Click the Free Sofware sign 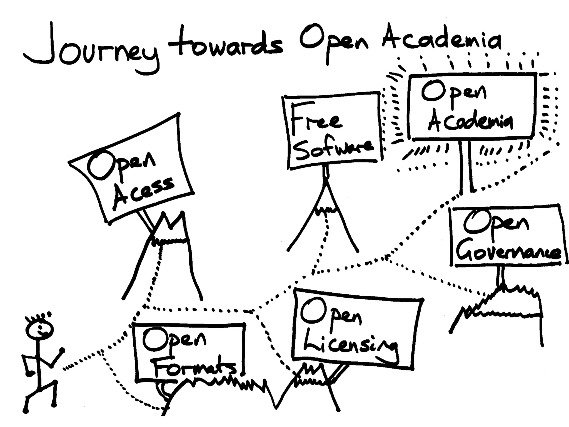pos(332,131)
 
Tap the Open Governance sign pos(507,236)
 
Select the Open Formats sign pos(189,352)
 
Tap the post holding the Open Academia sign pos(466,167)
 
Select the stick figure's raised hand pos(62,350)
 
